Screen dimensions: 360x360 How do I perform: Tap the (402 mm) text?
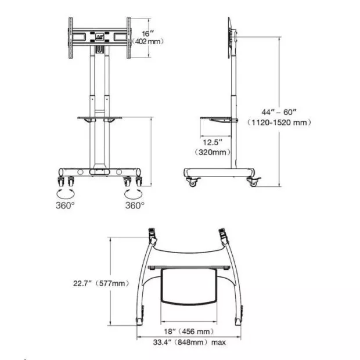[x=148, y=42]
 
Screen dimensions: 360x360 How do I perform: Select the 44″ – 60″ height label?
[x=279, y=112]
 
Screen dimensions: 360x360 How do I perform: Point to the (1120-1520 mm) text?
[x=279, y=123]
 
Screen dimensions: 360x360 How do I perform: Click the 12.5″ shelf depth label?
[x=213, y=142]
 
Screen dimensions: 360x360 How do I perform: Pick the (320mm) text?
[x=213, y=152]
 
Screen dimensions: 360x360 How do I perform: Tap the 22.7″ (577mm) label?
[x=101, y=283]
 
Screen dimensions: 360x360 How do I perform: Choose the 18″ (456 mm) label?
[x=189, y=332]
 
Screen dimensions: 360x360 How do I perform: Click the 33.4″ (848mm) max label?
[x=189, y=343]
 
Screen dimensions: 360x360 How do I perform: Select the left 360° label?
[x=65, y=205]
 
